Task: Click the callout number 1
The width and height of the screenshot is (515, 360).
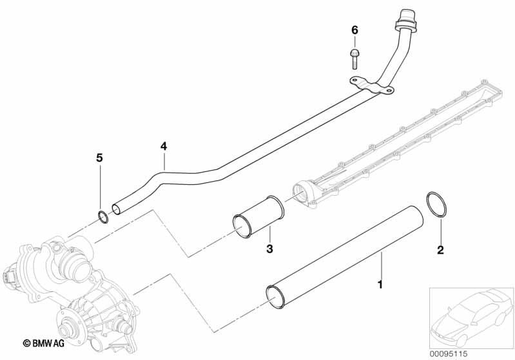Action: click(380, 283)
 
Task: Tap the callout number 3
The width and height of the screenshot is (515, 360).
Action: click(271, 249)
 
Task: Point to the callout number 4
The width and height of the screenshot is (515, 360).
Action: click(164, 147)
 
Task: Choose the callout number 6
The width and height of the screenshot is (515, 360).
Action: click(354, 30)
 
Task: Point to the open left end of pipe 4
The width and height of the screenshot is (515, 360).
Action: click(116, 208)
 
